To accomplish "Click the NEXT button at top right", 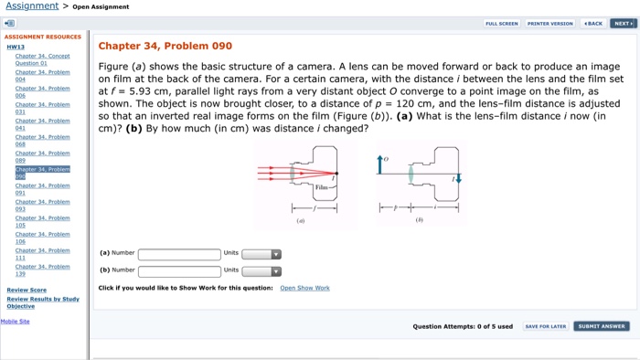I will pos(624,24).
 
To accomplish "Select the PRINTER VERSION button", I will pos(550,24).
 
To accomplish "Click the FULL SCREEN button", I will pos(502,24).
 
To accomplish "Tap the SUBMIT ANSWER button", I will pos(601,326).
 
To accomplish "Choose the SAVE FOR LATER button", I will pos(545,326).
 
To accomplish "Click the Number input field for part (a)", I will pos(179,254).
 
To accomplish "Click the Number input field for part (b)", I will pos(179,270).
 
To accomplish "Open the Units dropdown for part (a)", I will pos(261,254).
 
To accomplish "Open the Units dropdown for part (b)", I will pos(261,270).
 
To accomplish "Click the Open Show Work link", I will pos(304,288).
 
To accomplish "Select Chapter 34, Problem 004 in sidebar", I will pos(42,75).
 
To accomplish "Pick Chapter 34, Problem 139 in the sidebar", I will pos(42,270).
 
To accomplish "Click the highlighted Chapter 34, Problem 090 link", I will pos(42,173).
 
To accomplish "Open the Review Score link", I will pos(27,290).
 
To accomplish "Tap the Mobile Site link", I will pos(16,322).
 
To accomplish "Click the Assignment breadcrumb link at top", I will pos(32,6).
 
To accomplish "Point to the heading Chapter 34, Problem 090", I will pos(165,46).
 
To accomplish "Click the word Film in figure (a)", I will pos(320,187).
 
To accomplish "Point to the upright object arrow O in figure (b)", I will pos(379,164).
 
